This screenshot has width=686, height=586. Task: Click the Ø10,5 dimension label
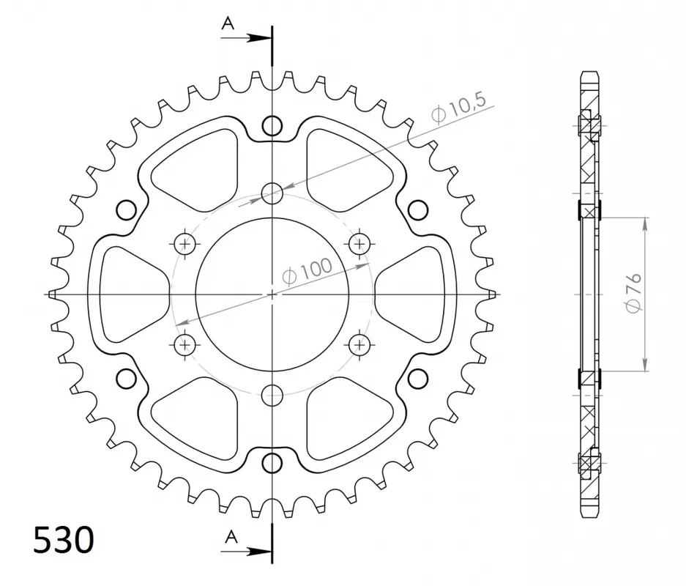[x=459, y=109]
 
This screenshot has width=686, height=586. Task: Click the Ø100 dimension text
[x=307, y=271]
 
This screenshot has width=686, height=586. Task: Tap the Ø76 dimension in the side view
[x=634, y=293]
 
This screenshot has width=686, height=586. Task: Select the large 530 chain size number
[x=64, y=540]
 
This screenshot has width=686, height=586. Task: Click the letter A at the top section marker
[x=228, y=23]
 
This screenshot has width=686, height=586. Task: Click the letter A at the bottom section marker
[x=231, y=536]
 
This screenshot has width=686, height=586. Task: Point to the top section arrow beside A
[x=246, y=38]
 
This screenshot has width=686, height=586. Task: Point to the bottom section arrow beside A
[x=246, y=552]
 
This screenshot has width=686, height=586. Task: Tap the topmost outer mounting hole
[x=272, y=126]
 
